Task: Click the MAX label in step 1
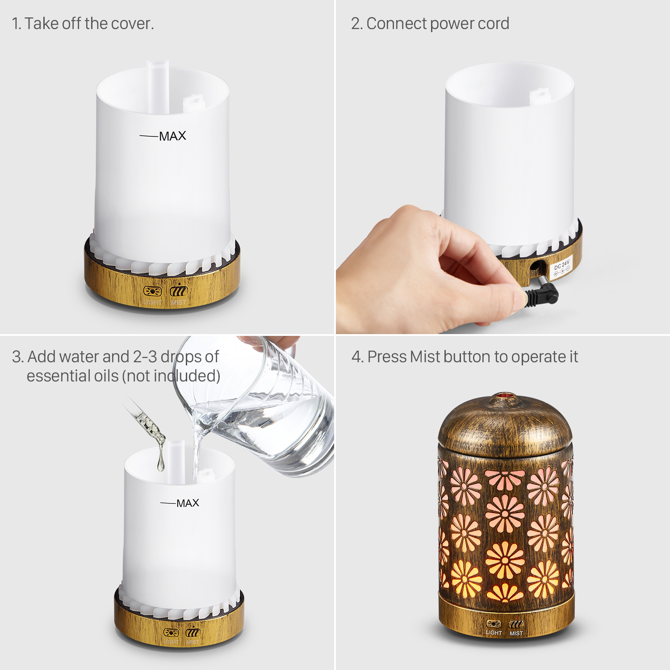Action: point(172,136)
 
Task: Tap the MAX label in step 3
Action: point(187,503)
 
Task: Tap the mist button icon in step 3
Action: point(193,632)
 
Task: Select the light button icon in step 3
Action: point(171,632)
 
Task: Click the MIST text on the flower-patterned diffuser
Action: point(516,633)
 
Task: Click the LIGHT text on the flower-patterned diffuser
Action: point(494,633)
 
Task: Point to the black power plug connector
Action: point(543,296)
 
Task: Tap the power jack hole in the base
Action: point(535,268)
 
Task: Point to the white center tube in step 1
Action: point(158,87)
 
